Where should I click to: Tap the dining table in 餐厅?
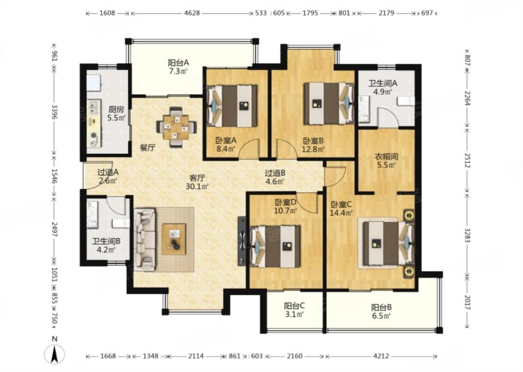[176, 127]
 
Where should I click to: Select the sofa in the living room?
[144, 239]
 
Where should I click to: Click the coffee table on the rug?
[174, 239]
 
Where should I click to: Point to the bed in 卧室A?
[232, 106]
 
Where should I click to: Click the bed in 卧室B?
[329, 103]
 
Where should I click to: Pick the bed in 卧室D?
[276, 246]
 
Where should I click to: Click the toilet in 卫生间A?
[405, 101]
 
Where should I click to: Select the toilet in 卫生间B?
[121, 223]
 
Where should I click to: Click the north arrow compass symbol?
[55, 354]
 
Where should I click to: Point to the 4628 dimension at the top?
[192, 13]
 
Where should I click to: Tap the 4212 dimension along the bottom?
[380, 356]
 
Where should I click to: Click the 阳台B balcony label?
[381, 307]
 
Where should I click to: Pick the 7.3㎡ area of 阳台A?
[178, 71]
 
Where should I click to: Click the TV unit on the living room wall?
[241, 241]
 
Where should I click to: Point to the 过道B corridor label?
[275, 173]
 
